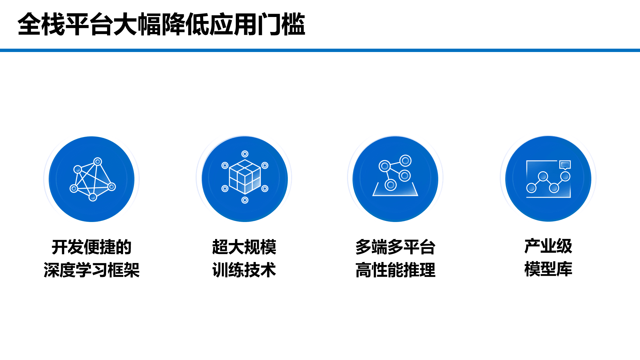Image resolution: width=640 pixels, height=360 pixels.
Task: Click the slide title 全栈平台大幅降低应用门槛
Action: tap(161, 24)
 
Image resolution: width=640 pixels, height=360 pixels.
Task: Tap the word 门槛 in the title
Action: tap(281, 24)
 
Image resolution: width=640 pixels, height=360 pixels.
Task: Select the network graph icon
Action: tap(92, 179)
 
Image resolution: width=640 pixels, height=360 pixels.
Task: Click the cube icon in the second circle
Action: tap(245, 177)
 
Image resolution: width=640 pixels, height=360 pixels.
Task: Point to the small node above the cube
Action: tap(245, 154)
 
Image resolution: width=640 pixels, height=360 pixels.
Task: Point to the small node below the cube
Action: tap(245, 200)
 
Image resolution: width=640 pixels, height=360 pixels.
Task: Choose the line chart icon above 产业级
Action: tap(548, 179)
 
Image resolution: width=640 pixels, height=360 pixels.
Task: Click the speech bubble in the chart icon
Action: tap(565, 165)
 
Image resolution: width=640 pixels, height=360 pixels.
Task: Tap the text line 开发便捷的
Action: tap(91, 247)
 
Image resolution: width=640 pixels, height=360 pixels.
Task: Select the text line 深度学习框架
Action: tap(91, 270)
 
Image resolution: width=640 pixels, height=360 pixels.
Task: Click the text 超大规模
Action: tap(244, 247)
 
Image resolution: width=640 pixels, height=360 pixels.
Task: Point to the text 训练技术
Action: tap(244, 270)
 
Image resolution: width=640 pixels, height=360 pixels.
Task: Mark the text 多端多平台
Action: tap(395, 247)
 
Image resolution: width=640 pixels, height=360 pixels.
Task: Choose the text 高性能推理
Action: tap(395, 270)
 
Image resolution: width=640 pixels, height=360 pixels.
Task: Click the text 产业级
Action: tap(548, 246)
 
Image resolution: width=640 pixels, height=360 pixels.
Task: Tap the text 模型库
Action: tap(548, 269)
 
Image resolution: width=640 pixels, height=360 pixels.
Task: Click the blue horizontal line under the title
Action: tap(320, 50)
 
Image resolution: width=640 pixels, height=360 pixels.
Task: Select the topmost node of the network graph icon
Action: tap(98, 162)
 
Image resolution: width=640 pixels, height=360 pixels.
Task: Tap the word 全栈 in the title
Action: tap(41, 24)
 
